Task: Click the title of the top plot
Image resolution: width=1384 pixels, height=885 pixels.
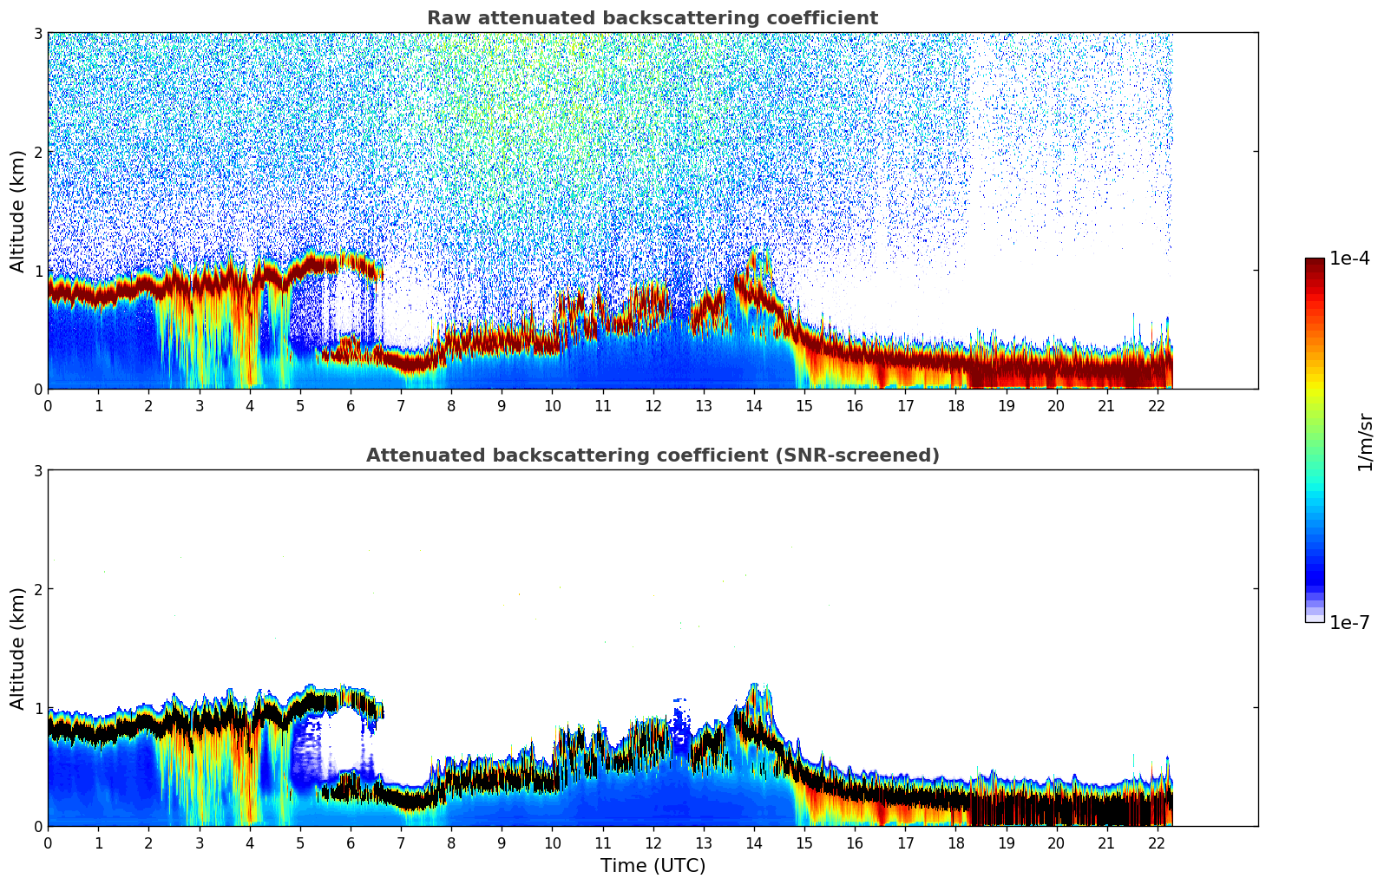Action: click(653, 18)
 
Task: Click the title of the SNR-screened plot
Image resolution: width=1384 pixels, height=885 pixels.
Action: click(653, 456)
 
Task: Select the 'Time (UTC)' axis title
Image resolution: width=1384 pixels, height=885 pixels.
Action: click(653, 866)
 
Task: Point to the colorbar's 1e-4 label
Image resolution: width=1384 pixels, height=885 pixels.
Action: click(1349, 259)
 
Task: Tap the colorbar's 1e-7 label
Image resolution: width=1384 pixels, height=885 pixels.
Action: click(1349, 622)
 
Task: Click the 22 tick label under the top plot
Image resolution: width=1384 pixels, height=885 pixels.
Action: click(1157, 405)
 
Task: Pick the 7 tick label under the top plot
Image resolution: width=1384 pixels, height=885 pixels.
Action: click(401, 405)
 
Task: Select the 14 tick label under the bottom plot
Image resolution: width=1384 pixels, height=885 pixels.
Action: click(753, 842)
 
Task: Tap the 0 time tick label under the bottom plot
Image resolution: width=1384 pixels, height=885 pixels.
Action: click(48, 842)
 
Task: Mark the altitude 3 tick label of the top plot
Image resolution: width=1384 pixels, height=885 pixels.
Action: click(37, 33)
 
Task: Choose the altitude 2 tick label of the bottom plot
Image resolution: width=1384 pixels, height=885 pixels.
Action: click(37, 589)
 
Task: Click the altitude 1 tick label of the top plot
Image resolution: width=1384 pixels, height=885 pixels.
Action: click(37, 271)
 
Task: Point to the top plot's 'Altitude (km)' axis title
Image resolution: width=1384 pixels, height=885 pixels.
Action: click(17, 211)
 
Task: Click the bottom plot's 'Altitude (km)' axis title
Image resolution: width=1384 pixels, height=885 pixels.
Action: click(17, 648)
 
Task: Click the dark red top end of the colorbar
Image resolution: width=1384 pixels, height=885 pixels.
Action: click(1314, 263)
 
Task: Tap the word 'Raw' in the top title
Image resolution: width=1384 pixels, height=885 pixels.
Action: click(444, 18)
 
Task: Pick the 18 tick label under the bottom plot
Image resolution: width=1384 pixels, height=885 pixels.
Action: click(955, 842)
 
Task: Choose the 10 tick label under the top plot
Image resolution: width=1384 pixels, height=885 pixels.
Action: click(552, 405)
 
